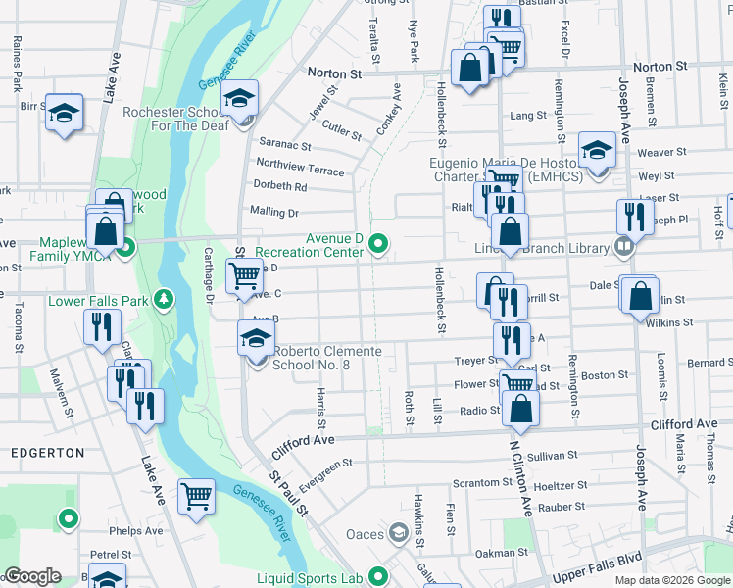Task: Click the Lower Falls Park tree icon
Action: click(x=166, y=298)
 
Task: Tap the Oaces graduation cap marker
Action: click(x=398, y=534)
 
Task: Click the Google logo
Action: click(x=33, y=576)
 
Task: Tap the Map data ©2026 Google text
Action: click(x=671, y=580)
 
